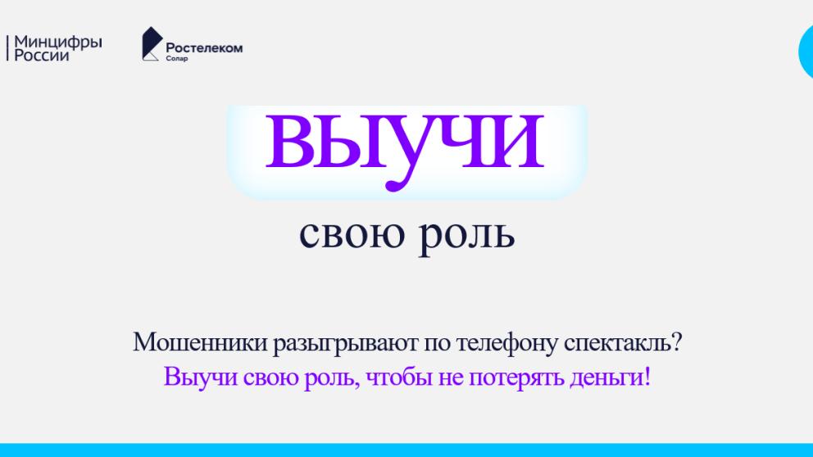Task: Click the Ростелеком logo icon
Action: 151,43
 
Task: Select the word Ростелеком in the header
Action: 204,48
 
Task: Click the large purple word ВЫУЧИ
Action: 405,140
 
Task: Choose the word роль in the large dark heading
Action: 472,235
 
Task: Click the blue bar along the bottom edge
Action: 406,450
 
